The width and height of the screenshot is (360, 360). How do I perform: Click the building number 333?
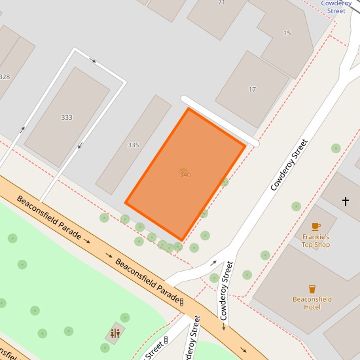(67, 118)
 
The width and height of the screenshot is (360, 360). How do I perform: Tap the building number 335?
(134, 145)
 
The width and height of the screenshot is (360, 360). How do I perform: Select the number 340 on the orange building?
(185, 175)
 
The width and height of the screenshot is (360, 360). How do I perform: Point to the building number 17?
(252, 89)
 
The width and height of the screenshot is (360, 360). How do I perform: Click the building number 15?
(287, 33)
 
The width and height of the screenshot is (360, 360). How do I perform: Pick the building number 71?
(221, 3)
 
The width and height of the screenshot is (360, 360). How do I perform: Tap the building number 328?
(5, 77)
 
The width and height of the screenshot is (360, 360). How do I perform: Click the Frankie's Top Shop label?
(315, 240)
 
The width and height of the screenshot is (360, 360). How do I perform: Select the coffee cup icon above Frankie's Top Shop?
(315, 226)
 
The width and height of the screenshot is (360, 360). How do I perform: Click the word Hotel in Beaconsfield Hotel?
(312, 307)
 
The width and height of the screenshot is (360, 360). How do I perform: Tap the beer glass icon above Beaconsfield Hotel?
(312, 289)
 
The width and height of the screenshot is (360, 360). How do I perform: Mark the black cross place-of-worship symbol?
(346, 201)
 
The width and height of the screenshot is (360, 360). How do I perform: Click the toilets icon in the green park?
(115, 333)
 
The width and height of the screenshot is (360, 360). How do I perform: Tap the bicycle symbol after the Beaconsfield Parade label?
(181, 302)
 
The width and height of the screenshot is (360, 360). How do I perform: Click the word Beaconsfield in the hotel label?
(312, 299)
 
